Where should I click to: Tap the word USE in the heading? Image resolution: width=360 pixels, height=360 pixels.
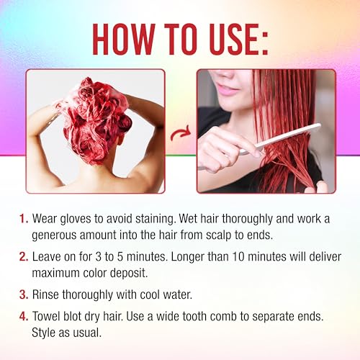point(232,40)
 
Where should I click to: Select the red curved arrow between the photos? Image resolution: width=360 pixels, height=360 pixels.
point(181,133)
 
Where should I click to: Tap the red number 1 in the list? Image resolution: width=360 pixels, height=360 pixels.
point(24,219)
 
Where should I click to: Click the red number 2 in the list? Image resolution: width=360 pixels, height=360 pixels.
point(24,256)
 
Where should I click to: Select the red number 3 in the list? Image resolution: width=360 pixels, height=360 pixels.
point(24,294)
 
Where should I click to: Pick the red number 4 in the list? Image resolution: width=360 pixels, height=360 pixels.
point(24,316)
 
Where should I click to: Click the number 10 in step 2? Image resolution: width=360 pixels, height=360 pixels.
point(238,256)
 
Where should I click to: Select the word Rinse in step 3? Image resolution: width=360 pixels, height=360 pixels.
point(45,294)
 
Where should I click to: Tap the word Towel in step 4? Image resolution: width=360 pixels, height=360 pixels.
point(46,316)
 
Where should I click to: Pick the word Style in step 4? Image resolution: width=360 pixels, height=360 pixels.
point(44,333)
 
